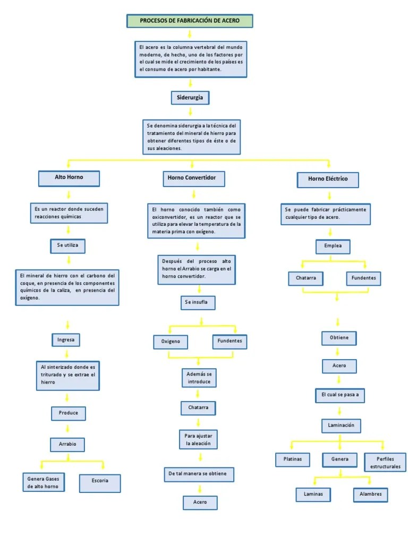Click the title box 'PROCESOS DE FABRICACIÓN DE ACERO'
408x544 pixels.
point(190,21)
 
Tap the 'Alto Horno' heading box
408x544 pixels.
point(69,177)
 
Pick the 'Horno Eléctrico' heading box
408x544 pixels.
point(328,179)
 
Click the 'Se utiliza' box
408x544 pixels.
point(67,246)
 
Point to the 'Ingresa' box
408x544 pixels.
point(66,339)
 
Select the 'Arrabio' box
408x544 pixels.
point(67,444)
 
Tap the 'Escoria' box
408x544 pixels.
point(100,481)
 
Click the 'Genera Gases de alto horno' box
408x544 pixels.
point(44,482)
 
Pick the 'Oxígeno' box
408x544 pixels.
point(171,342)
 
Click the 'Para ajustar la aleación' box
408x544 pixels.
point(198,439)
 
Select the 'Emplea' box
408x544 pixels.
point(333,246)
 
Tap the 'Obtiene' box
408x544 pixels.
point(338,338)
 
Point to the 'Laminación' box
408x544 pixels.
point(341,426)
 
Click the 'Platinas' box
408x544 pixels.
point(293,460)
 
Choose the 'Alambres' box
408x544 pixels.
point(370,494)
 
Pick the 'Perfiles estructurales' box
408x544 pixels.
point(385,462)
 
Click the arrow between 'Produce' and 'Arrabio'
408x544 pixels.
point(67,428)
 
